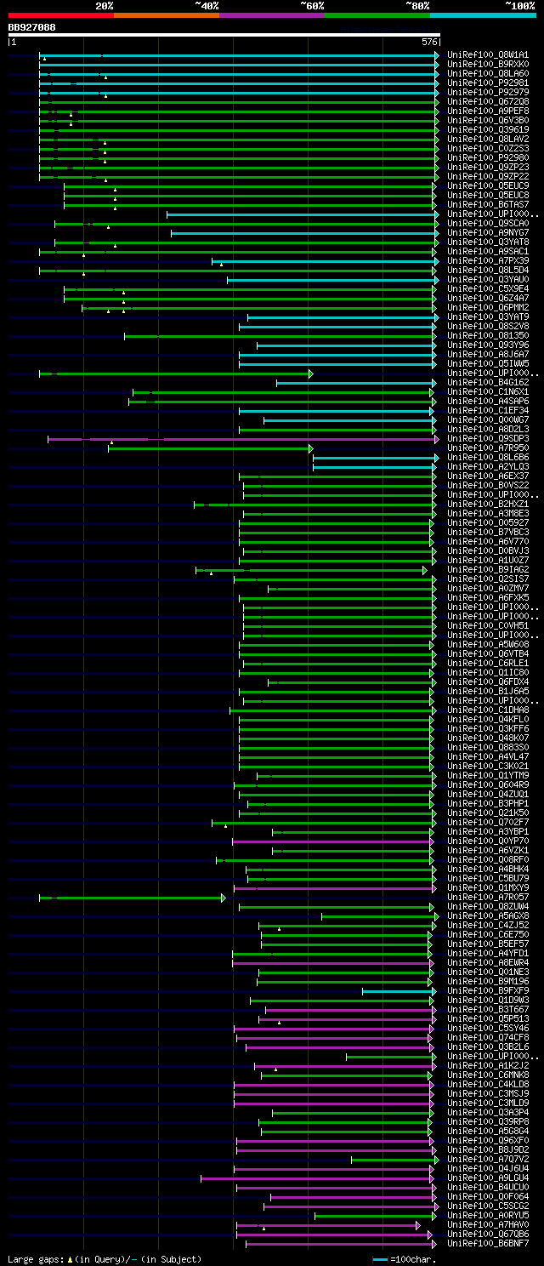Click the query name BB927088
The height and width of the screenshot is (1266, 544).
(x=32, y=27)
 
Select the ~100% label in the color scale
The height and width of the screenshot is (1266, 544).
(x=519, y=5)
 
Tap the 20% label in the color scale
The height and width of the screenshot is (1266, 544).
(x=105, y=5)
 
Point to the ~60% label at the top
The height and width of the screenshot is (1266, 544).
(x=312, y=5)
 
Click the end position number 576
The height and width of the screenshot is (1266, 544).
(x=429, y=42)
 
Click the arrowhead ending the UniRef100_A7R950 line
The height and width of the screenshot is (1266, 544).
(x=311, y=448)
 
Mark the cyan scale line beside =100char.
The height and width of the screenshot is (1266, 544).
(x=380, y=1259)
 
